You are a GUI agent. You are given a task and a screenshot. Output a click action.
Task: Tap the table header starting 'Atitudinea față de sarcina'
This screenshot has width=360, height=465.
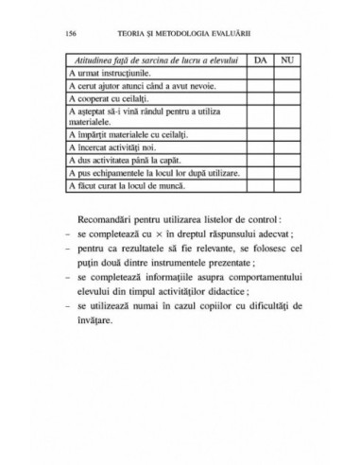pyautogui.click(x=154, y=59)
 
